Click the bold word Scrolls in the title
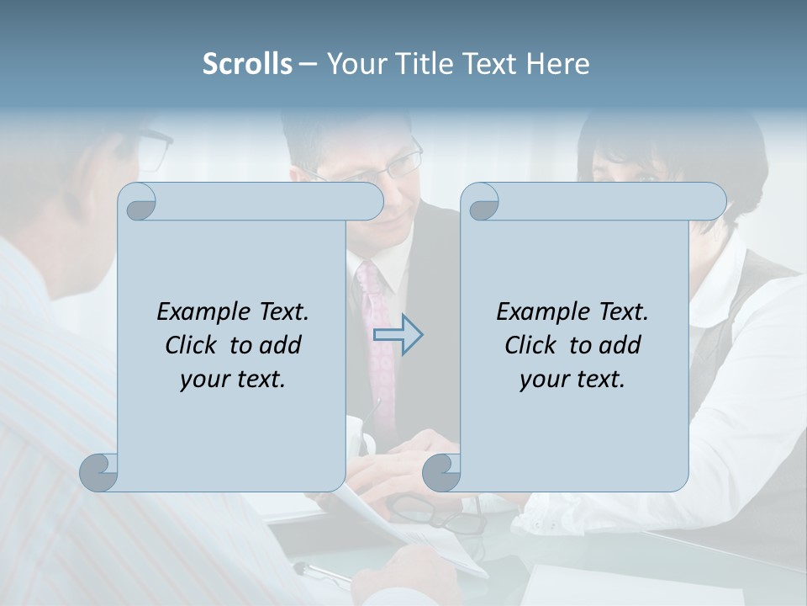pos(247,64)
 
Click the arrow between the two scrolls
pos(398,335)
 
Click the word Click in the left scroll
pos(189,345)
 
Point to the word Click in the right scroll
pos(530,345)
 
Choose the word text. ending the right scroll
pos(601,380)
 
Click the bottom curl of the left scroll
pos(99,471)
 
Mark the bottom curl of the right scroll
pos(442,472)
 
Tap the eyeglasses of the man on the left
pos(156,148)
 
